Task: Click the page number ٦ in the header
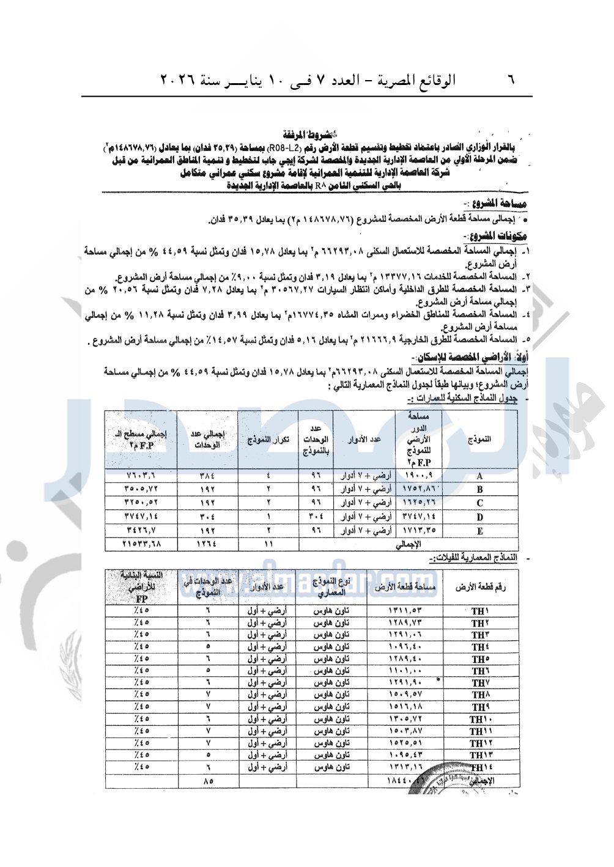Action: point(511,80)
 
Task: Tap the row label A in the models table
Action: point(479,476)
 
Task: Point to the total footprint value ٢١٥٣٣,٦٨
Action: point(141,544)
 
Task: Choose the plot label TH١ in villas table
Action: point(480,611)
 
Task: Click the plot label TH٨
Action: point(480,695)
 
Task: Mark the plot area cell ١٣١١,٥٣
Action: point(406,611)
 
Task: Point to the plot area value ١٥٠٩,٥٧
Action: point(406,695)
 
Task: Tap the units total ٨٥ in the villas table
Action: point(208,781)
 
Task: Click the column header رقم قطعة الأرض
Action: point(480,588)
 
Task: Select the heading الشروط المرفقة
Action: point(310,135)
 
